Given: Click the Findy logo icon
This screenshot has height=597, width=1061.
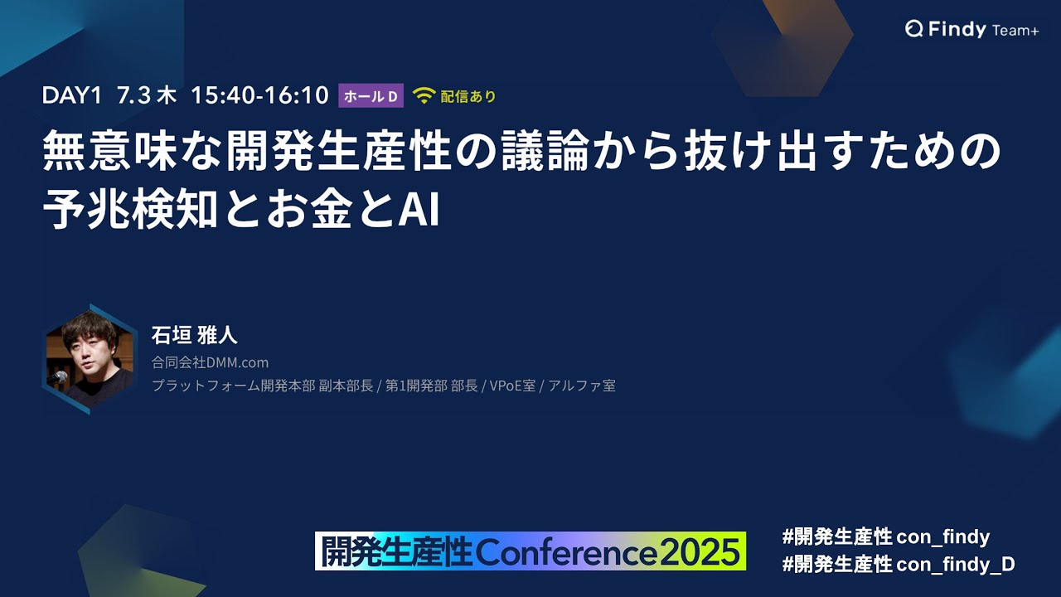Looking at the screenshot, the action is pos(913,29).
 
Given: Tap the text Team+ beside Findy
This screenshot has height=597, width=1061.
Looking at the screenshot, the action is pos(1015,31).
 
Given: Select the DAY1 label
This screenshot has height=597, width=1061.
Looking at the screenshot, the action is pos(72,95).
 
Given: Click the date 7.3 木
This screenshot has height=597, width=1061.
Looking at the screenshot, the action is pos(147,95).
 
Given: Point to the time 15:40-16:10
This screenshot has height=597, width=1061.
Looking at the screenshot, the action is pos(259,95).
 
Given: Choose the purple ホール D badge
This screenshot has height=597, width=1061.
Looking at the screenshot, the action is pos(371,95).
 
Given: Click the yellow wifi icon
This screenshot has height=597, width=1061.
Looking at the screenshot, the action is pos(424,95).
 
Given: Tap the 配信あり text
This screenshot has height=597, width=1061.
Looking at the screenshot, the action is pos(468,96).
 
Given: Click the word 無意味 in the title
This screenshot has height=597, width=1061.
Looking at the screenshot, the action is pos(110,151).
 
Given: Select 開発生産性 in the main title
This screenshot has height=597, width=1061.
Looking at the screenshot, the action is pos(337,151).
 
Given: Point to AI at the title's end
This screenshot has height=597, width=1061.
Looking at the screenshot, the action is pos(419,209).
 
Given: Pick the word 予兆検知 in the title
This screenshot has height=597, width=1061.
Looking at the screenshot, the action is pos(130,209).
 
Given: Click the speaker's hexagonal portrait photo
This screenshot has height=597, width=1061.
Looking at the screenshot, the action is pos(90,360).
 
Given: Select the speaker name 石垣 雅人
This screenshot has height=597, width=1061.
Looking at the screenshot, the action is pos(194,335).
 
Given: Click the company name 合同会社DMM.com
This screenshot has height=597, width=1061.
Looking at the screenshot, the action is pos(210,362).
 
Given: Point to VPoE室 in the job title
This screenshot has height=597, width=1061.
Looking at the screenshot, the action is pos(512,386).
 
